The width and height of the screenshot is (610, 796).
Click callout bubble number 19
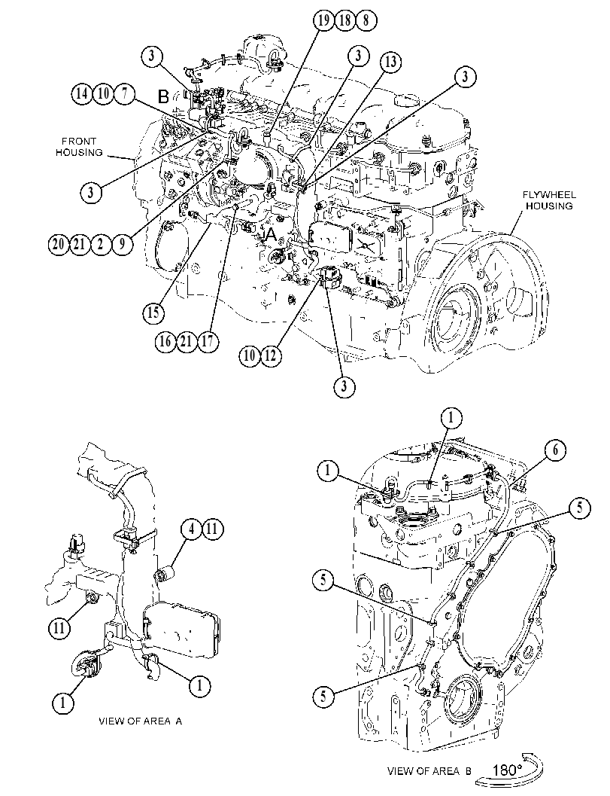click(323, 21)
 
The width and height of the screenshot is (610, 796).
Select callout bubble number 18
click(344, 21)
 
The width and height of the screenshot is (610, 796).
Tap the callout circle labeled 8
click(366, 21)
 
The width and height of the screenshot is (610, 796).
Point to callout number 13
click(390, 62)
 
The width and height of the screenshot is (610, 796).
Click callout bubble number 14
click(81, 93)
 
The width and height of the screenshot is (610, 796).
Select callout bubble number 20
click(59, 244)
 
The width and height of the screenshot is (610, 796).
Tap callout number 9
click(122, 244)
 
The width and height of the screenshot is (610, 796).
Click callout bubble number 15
click(153, 312)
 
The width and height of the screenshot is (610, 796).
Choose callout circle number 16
click(165, 340)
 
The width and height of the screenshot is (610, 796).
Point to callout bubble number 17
click(208, 340)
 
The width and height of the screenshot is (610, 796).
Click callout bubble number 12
click(270, 355)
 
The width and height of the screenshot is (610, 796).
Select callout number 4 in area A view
click(191, 529)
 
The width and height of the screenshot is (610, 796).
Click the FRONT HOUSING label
click(79, 147)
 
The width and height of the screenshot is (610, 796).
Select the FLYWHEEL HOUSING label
click(548, 200)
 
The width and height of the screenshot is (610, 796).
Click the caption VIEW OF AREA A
click(141, 721)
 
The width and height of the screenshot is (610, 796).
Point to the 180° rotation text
click(506, 770)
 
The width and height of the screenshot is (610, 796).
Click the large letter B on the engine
click(163, 96)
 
